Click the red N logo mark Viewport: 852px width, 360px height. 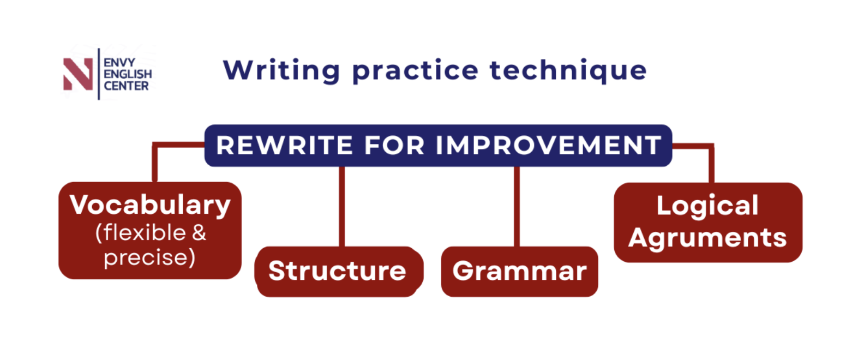78,74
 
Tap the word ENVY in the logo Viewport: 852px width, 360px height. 119,62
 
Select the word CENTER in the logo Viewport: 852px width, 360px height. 127,86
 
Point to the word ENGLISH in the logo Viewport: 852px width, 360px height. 128,74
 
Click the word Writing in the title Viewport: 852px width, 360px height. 281,71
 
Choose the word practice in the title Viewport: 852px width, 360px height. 415,71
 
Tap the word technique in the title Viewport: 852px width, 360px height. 568,71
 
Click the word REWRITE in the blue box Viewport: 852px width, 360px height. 285,146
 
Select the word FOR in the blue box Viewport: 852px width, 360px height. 394,146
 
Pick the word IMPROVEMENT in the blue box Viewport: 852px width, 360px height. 549,146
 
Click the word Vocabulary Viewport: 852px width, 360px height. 150,206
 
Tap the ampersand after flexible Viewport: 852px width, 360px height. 199,232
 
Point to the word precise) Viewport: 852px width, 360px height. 149,258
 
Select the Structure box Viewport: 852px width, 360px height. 339,271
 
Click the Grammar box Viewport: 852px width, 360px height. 520,271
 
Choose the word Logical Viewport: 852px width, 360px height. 707,206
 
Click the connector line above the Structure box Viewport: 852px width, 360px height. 342,207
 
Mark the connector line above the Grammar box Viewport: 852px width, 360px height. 517,207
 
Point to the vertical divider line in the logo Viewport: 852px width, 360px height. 99,74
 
